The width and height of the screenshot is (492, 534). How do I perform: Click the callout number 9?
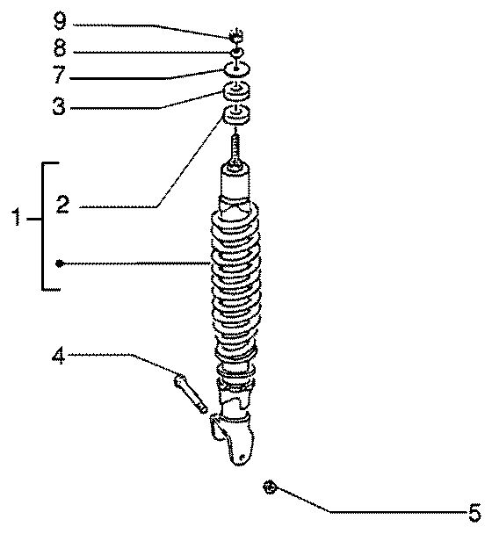point(60,21)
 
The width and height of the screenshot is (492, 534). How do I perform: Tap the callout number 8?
point(60,47)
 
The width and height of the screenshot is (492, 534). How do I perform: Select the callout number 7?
point(59,75)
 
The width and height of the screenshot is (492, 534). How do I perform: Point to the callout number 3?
point(59,105)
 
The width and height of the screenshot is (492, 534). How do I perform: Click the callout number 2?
point(62,205)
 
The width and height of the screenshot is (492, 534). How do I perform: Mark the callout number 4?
point(58,356)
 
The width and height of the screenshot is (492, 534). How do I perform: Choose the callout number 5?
point(474,513)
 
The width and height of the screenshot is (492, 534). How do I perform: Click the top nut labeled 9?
point(236,36)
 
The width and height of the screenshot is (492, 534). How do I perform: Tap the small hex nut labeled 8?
point(236,53)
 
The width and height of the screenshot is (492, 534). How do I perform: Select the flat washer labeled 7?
point(237,69)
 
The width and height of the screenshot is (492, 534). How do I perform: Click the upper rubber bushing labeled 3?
point(235,92)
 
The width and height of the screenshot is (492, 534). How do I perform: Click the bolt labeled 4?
point(191,393)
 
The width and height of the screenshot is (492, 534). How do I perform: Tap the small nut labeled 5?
point(270,487)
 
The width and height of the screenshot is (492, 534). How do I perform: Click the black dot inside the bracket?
point(59,263)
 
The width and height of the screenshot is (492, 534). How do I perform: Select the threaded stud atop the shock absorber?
point(235,148)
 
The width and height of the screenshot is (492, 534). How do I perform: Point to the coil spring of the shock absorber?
point(236,279)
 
